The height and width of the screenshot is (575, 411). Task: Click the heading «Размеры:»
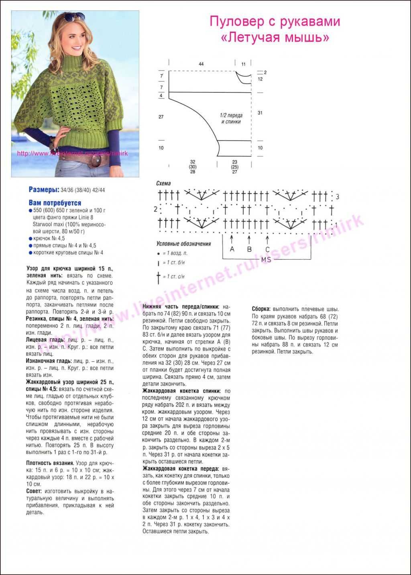(44, 189)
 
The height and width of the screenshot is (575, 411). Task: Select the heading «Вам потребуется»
(55, 203)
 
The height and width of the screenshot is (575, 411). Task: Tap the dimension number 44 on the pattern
(201, 64)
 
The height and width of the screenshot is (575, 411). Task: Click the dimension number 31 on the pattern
(260, 113)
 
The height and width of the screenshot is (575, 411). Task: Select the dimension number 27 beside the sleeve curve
(161, 117)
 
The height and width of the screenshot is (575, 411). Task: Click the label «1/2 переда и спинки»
(231, 118)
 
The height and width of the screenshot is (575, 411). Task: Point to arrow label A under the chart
(232, 249)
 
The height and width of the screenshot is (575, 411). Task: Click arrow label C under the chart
(267, 249)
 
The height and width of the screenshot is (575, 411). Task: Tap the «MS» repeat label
(266, 260)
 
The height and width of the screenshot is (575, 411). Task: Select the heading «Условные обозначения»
(183, 244)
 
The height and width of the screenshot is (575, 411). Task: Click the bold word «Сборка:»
(261, 309)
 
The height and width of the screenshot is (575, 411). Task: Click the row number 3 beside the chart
(338, 197)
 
